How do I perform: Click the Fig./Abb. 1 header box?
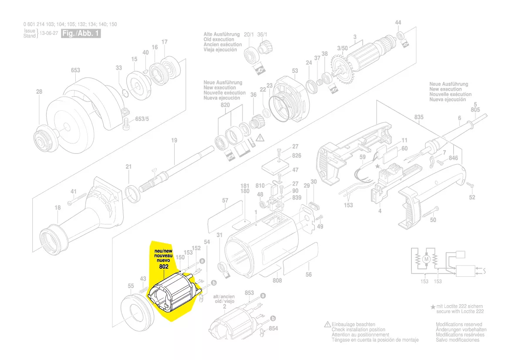coord(81,34)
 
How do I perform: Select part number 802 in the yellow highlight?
coord(164,266)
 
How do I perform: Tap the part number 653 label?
coord(75,70)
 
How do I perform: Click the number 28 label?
coord(39,92)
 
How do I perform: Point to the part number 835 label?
coord(419,118)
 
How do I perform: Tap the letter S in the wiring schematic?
coord(485,271)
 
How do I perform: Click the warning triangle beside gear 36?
coord(260,138)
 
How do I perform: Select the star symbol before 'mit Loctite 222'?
coord(433,307)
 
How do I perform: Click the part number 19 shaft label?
coord(174,140)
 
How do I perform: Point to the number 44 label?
coord(398,23)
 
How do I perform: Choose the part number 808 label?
coord(277,281)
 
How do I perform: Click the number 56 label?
coord(309,275)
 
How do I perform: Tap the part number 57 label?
coord(225,200)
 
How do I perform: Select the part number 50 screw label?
coord(433,220)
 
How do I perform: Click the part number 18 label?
coord(57,208)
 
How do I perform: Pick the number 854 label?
coord(273,328)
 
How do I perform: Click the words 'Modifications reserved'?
coord(458,324)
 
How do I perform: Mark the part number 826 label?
coord(297,156)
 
